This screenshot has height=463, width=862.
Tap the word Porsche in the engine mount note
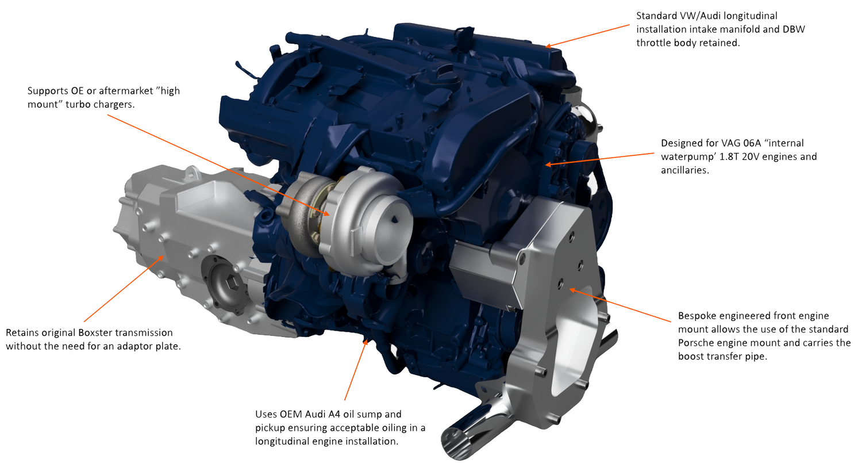point(696,343)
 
